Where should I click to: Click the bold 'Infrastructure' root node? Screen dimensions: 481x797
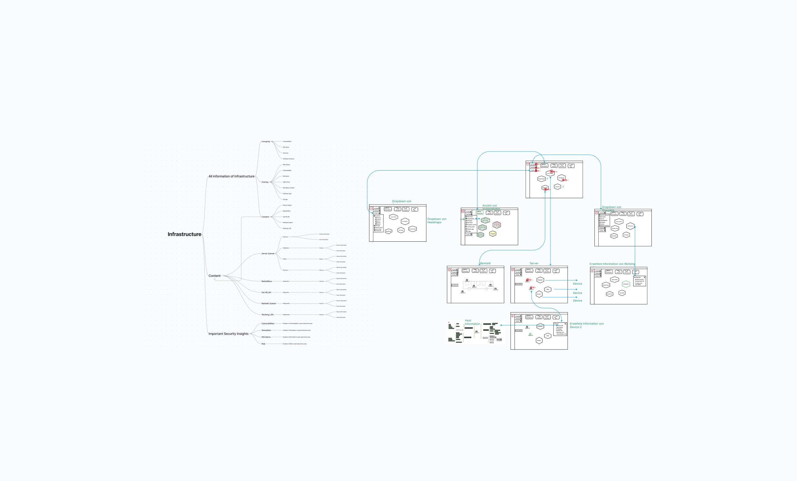coord(185,234)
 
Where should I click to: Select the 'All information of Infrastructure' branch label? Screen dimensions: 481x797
coord(231,176)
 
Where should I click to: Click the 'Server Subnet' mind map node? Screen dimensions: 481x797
coord(268,254)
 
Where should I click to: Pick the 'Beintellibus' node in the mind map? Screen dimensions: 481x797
coord(267,281)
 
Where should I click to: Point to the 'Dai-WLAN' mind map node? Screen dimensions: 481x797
coord(266,293)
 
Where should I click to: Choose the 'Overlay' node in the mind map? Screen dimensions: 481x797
coord(265,182)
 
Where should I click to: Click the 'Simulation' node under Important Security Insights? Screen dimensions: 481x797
coord(266,330)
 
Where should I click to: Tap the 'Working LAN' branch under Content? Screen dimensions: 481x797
coord(267,315)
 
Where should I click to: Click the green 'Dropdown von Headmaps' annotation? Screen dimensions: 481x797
coord(437,221)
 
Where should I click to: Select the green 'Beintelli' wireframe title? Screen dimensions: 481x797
coord(485,264)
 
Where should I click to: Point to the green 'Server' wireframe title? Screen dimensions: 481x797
coord(534,264)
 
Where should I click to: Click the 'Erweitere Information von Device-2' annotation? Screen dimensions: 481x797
coord(586,325)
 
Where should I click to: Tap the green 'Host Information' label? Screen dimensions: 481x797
coord(472,322)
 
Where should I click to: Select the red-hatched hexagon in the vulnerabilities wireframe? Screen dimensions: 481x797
coord(497,225)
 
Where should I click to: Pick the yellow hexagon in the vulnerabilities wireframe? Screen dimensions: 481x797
coord(492,234)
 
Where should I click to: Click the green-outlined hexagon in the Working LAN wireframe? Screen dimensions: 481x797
coord(626,284)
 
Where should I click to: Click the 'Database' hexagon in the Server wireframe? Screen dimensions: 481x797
coord(540,280)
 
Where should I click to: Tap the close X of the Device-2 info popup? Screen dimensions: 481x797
coord(566,324)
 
